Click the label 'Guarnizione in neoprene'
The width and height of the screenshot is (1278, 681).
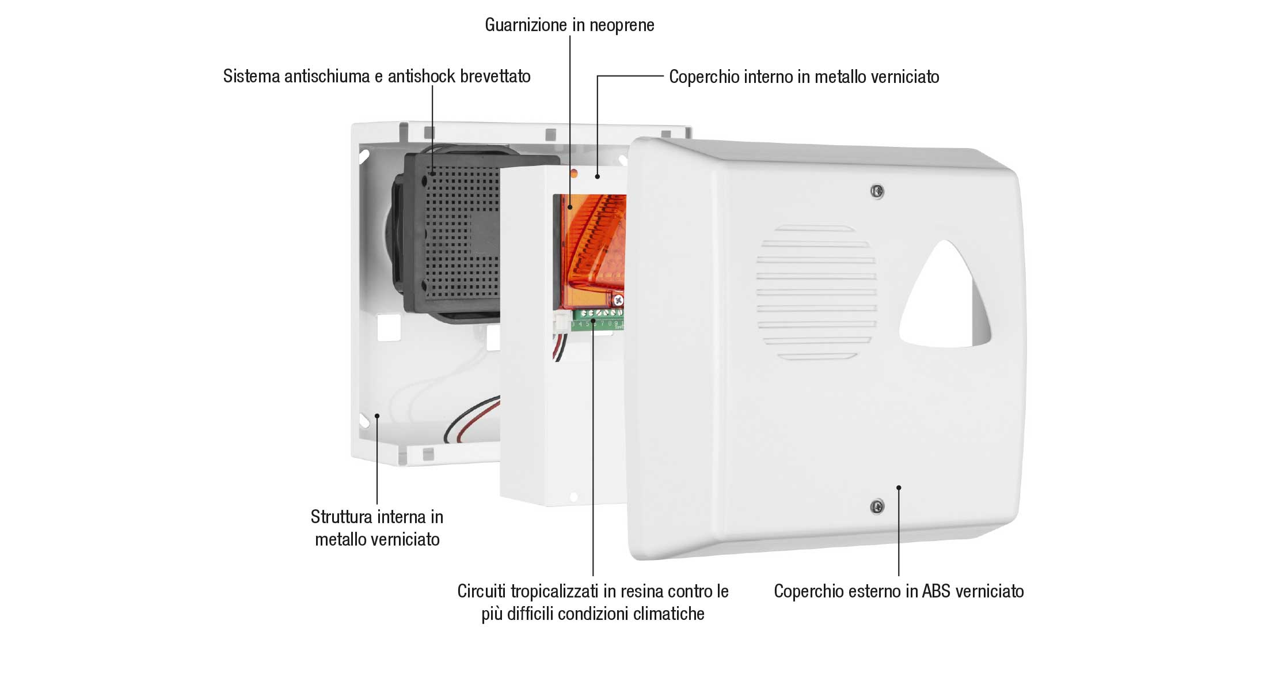pyautogui.click(x=569, y=25)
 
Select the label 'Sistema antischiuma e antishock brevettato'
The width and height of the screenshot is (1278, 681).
pyautogui.click(x=377, y=76)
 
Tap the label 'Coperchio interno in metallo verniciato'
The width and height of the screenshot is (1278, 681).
pyautogui.click(x=804, y=77)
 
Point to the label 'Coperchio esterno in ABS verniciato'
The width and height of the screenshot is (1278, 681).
pyautogui.click(x=899, y=591)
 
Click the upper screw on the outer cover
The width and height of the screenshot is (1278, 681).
pyautogui.click(x=877, y=191)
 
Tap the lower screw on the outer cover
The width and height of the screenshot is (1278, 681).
pyautogui.click(x=877, y=507)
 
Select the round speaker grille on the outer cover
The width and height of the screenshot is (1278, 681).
pyautogui.click(x=816, y=293)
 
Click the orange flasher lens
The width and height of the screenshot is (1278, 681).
pyautogui.click(x=593, y=248)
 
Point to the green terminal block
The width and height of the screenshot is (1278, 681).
pyautogui.click(x=598, y=320)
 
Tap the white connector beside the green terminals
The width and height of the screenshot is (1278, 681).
pyautogui.click(x=560, y=324)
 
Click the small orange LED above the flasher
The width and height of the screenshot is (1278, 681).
pyautogui.click(x=573, y=172)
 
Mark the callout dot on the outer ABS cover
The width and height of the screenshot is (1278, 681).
pyautogui.click(x=899, y=487)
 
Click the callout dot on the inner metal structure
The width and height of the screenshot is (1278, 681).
pyautogui.click(x=377, y=415)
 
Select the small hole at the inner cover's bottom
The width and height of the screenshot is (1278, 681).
pyautogui.click(x=573, y=497)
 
